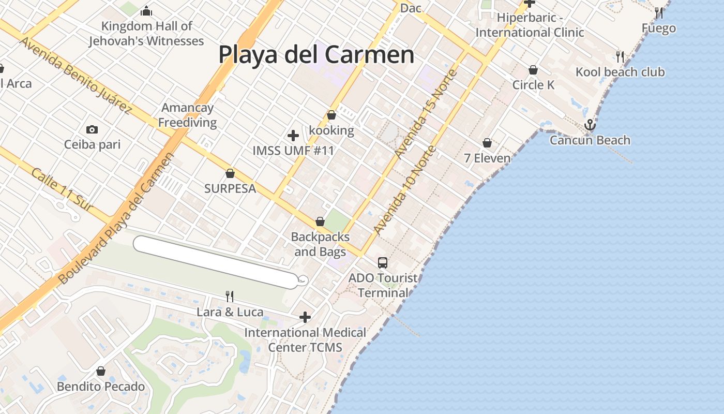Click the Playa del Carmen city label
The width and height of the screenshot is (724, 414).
pyautogui.click(x=316, y=54)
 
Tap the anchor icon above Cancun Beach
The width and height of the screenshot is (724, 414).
pyautogui.click(x=590, y=125)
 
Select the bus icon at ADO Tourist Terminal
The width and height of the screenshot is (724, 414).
pyautogui.click(x=383, y=263)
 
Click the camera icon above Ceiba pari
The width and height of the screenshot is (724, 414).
pyautogui.click(x=92, y=129)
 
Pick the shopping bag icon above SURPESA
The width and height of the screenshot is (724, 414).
pyautogui.click(x=230, y=173)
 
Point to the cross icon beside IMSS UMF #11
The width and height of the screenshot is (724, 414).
pyautogui.click(x=293, y=136)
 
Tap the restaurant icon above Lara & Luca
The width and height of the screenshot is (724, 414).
pyautogui.click(x=230, y=297)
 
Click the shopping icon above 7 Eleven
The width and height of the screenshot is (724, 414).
pyautogui.click(x=487, y=143)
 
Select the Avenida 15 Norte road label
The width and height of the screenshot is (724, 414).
pyautogui.click(x=426, y=114)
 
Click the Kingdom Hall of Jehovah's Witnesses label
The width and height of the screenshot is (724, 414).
pyautogui.click(x=146, y=34)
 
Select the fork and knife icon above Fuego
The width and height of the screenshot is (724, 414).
pyautogui.click(x=658, y=12)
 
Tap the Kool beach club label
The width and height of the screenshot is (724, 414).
pyautogui.click(x=620, y=72)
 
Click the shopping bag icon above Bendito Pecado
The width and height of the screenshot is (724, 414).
pyautogui.click(x=101, y=372)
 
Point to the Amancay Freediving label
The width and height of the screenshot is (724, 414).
pyautogui.click(x=187, y=115)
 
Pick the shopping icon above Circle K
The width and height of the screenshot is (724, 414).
pyautogui.click(x=533, y=70)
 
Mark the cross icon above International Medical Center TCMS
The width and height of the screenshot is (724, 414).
pyautogui.click(x=305, y=317)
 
